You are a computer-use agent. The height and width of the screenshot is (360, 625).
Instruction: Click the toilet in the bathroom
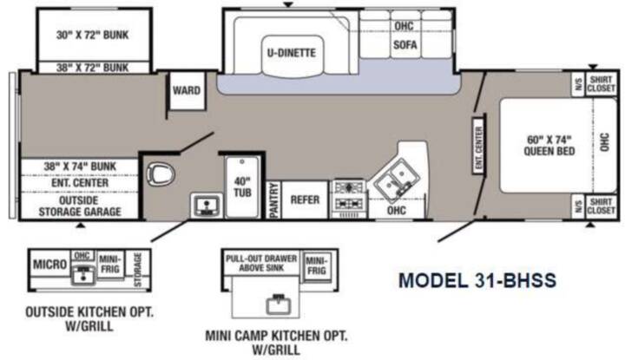(161, 174)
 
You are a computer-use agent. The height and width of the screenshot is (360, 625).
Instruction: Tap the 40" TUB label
(242, 187)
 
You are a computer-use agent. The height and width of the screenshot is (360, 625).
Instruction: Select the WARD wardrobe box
(187, 90)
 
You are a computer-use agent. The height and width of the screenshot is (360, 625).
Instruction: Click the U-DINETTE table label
(292, 53)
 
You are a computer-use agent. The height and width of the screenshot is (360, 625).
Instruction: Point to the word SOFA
(405, 44)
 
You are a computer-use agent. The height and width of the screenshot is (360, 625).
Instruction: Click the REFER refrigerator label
(305, 200)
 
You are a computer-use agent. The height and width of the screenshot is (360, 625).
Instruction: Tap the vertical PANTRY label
(273, 200)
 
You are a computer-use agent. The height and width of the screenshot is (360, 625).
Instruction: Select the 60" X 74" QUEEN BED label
(549, 146)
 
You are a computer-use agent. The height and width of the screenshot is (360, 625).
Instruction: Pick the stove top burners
(349, 196)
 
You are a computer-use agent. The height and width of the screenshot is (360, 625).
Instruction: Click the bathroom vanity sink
(206, 206)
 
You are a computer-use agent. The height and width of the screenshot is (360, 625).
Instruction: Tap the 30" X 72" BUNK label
(93, 35)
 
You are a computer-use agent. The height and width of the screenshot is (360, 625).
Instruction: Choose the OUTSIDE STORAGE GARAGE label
(80, 206)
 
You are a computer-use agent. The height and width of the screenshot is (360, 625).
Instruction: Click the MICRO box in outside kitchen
(49, 264)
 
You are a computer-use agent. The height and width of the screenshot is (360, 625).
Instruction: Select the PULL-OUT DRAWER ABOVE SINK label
(261, 263)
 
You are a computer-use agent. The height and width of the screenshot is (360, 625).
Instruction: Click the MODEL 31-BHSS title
(477, 280)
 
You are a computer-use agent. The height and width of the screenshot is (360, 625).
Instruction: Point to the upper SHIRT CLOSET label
(601, 84)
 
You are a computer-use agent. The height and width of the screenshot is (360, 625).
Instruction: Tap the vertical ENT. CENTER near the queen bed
(478, 145)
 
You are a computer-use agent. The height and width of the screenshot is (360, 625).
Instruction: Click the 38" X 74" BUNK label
(80, 166)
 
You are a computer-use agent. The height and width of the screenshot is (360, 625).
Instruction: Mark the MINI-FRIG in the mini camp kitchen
(317, 265)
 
